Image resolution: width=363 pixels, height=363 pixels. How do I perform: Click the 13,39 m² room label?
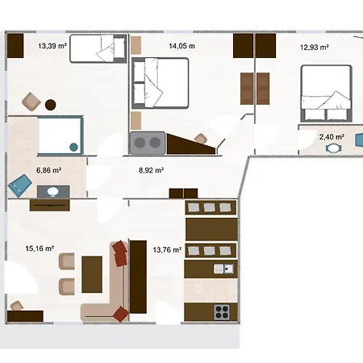(52, 46)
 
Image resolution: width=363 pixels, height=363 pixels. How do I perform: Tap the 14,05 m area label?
(181, 46)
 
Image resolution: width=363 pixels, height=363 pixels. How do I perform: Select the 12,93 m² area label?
(315, 48)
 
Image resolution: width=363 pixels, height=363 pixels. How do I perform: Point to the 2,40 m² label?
(332, 137)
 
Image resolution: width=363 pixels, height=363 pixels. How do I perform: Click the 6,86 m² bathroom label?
(48, 170)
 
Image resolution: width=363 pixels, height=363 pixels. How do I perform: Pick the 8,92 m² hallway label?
(151, 170)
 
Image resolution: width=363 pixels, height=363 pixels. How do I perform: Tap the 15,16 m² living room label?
(40, 248)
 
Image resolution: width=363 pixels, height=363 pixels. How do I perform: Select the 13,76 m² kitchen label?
(167, 250)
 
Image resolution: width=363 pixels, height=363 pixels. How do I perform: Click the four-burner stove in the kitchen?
(222, 312)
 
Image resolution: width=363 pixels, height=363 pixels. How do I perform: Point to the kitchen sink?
(223, 269)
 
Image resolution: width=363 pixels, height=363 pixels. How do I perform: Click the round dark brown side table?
(51, 105)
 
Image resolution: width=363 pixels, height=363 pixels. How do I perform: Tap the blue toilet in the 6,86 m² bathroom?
(19, 186)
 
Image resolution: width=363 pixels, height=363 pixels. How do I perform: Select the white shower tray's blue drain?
(73, 147)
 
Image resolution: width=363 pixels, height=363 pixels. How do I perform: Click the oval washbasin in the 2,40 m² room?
(334, 148)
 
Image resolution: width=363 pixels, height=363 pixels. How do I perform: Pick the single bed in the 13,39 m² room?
(98, 48)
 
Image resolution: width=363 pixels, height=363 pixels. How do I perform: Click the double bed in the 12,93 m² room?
(327, 94)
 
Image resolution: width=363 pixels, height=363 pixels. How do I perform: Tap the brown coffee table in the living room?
(92, 274)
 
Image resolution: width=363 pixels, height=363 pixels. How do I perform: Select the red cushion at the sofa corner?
(121, 314)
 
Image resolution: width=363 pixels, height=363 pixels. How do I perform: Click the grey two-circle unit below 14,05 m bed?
(147, 143)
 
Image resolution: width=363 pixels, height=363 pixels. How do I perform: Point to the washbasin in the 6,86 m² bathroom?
(53, 192)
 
